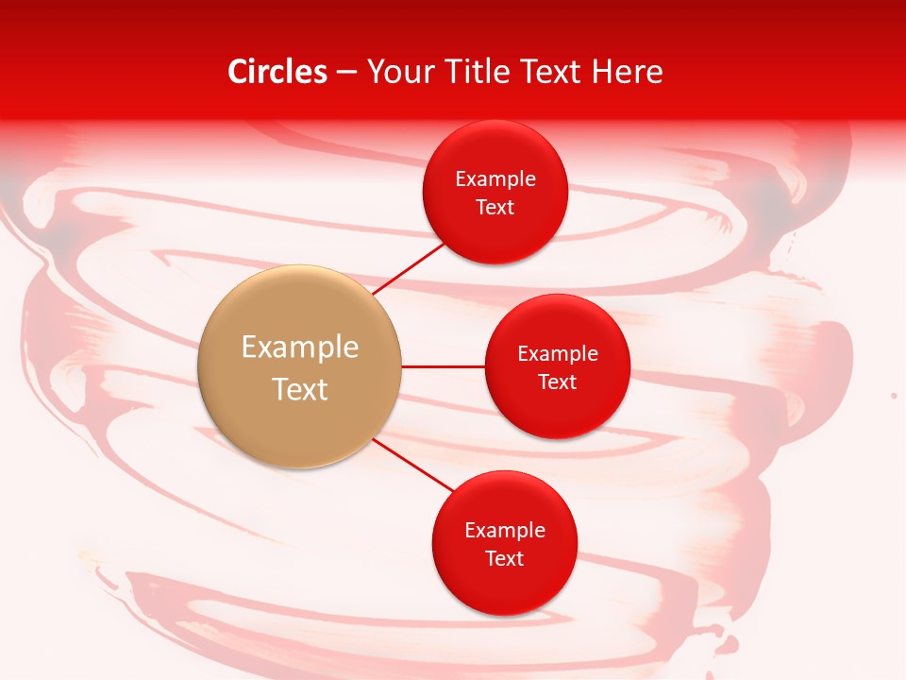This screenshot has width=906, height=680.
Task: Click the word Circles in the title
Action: [277, 72]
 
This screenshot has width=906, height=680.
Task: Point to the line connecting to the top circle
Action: [411, 267]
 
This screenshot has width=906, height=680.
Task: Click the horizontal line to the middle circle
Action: [444, 366]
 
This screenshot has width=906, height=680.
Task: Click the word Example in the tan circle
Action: [300, 348]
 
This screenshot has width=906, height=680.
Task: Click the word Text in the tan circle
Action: [300, 389]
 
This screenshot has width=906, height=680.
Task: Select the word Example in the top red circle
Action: [495, 179]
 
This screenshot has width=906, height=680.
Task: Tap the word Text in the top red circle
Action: [495, 208]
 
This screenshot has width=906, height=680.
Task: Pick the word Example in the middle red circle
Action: [558, 354]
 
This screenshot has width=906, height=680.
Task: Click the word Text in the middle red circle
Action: [558, 382]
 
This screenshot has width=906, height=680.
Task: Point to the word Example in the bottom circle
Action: [505, 531]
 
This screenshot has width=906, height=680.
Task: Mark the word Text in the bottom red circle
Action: [505, 559]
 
